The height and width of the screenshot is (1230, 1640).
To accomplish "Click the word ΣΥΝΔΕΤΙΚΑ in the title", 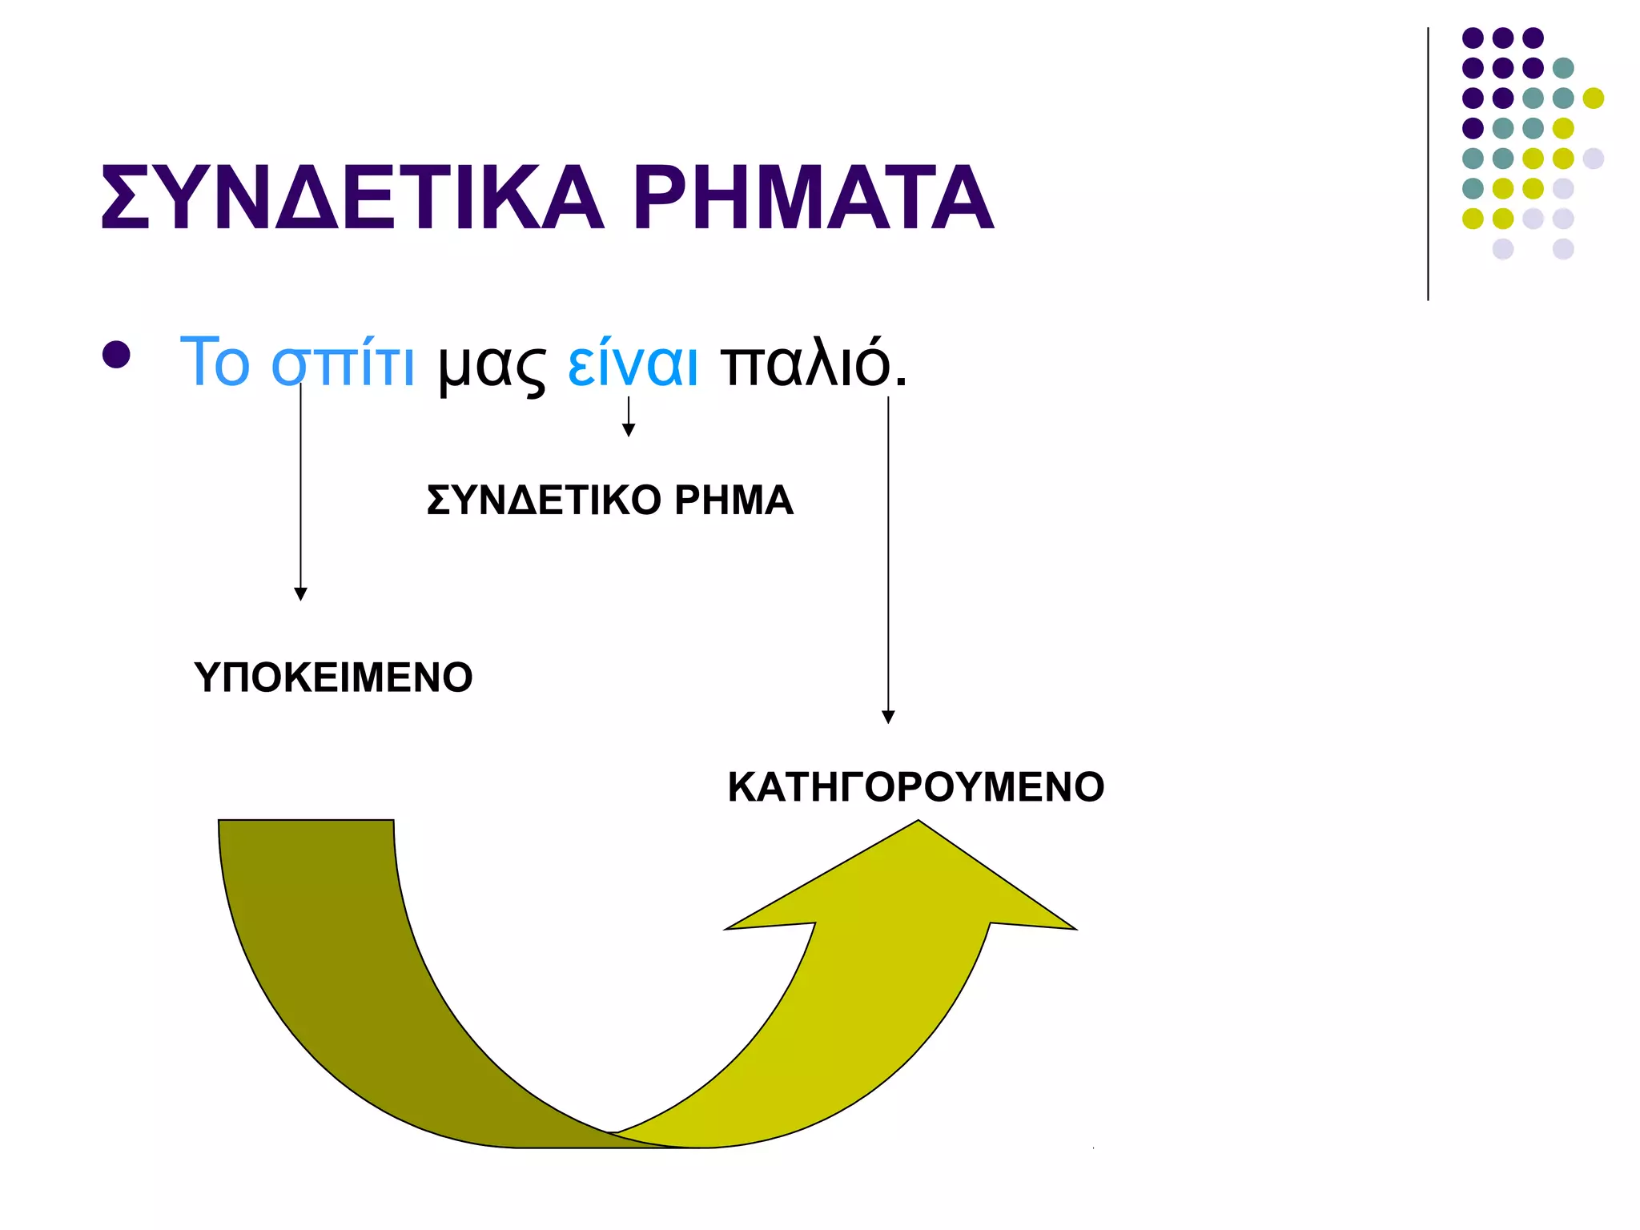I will point(352,198).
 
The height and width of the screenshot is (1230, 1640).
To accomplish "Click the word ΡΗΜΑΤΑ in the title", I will point(813,198).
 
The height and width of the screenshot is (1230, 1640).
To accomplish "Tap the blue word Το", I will point(215,363).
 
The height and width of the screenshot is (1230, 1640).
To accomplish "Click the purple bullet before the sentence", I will point(117,355).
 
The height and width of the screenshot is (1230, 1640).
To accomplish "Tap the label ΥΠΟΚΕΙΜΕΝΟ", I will point(333,677).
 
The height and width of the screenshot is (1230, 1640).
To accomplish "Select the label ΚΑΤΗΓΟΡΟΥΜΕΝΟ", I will point(915,787).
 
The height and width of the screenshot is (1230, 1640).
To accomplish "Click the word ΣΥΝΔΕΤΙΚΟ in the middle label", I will point(544,500).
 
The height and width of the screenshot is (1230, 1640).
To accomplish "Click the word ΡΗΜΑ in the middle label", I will point(734,500).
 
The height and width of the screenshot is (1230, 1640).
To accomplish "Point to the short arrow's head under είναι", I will point(629,430).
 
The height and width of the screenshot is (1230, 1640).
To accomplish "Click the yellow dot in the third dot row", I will point(1593,98).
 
